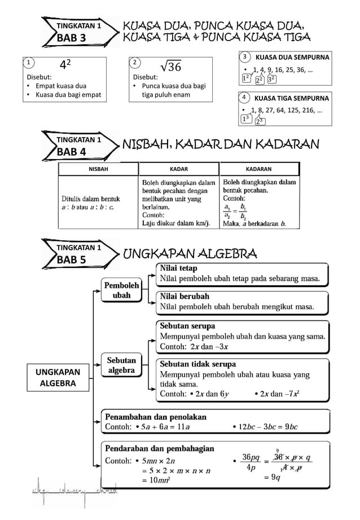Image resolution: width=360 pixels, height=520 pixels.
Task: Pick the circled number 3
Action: tap(244, 58)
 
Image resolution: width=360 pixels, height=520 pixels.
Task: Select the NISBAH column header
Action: tap(99, 169)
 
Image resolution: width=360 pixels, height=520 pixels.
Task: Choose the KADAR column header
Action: tap(179, 169)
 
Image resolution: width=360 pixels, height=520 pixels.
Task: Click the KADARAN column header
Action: tap(259, 169)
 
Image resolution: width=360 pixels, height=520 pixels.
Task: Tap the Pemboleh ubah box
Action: tap(121, 290)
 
